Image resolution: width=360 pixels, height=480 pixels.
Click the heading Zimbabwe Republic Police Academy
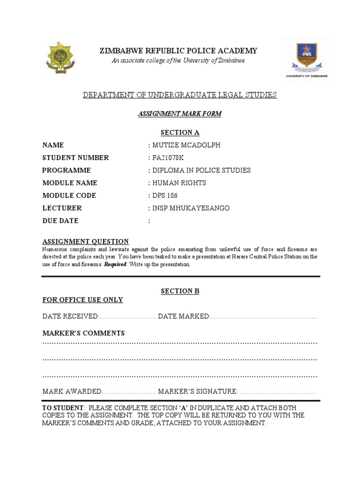[178, 51]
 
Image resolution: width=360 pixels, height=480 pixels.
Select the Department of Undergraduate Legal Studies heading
[180, 95]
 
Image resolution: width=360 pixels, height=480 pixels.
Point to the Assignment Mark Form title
[180, 114]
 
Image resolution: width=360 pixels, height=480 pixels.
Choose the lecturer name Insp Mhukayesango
[190, 208]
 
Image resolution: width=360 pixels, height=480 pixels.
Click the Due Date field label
[60, 221]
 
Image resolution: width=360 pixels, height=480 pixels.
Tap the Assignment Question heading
[85, 241]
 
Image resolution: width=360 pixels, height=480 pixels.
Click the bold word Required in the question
[115, 264]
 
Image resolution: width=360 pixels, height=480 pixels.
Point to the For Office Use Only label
[82, 300]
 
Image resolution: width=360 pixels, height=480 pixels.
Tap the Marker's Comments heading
[83, 333]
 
